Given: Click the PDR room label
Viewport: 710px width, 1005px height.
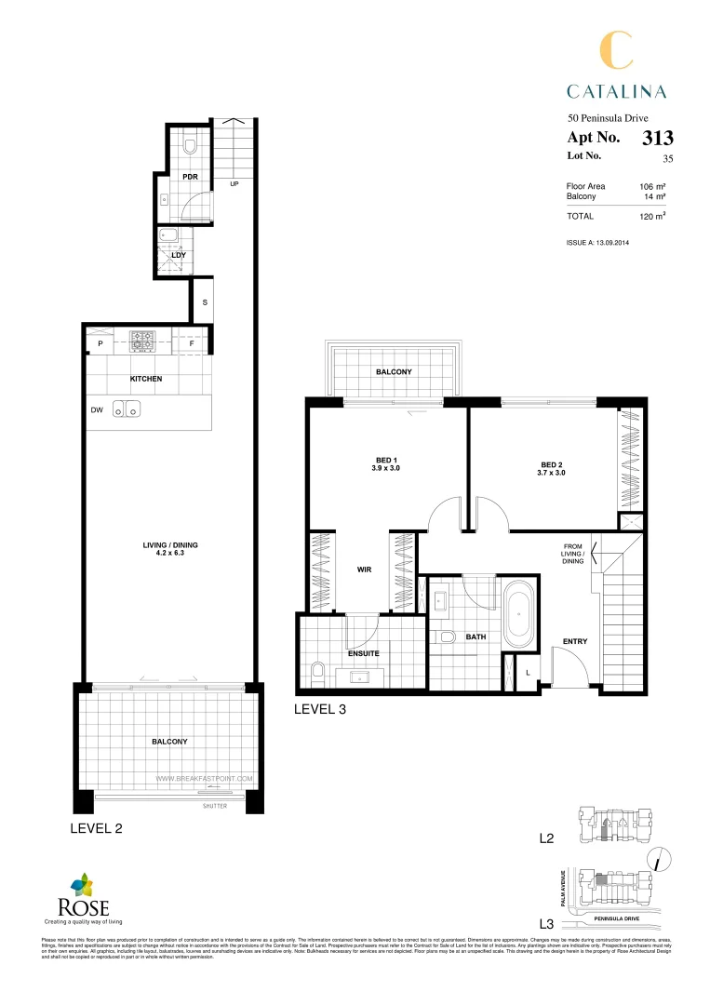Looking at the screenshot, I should click(191, 177).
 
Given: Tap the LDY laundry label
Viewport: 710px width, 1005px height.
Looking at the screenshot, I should click(179, 254).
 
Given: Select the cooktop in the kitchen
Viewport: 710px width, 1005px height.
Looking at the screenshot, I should click(141, 342).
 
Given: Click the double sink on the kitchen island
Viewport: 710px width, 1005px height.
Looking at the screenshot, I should click(127, 408).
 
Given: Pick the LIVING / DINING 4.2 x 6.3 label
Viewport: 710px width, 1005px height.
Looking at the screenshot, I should click(171, 550).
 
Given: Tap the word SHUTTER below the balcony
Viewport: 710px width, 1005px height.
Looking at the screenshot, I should click(214, 806).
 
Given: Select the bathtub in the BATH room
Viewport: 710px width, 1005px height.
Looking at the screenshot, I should click(516, 615).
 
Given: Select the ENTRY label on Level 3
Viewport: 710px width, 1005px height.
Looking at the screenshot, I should click(575, 642).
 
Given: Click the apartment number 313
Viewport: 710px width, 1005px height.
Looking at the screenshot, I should click(658, 139).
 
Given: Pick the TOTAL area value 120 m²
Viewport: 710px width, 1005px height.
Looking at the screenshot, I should click(650, 216).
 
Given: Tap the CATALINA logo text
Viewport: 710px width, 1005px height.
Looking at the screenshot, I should click(617, 90).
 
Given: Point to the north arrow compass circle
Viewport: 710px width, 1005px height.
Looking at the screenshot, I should click(658, 861).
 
